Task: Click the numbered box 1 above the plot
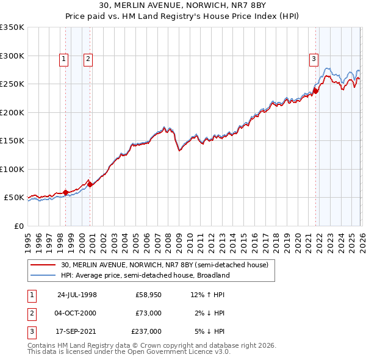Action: point(64,59)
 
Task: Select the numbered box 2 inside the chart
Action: point(88,59)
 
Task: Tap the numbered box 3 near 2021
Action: point(314,59)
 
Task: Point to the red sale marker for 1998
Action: point(66,193)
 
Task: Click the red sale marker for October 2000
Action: point(90,184)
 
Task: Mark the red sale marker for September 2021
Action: point(315,92)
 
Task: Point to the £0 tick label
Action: point(19,226)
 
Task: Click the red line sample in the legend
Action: point(44,265)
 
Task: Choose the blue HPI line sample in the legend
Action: point(44,275)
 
